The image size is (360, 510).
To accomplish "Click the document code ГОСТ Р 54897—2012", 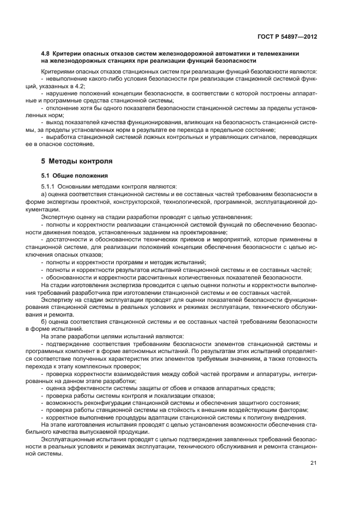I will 287,36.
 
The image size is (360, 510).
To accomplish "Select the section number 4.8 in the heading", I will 46,54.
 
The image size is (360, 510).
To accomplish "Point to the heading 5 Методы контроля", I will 77,161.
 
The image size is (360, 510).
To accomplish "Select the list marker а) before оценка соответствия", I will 44,194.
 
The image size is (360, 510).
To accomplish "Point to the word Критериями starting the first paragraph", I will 58,71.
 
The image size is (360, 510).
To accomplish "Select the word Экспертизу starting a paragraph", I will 58,300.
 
